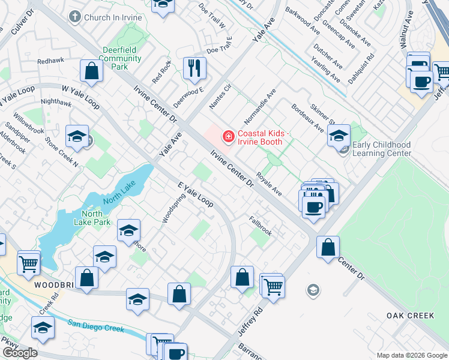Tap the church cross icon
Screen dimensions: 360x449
pos(75,17)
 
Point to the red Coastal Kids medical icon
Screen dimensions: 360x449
pos(228,137)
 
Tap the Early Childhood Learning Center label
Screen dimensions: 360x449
pos(382,149)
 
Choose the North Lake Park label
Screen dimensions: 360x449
pos(96,218)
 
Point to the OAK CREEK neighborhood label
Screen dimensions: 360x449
pos(411,316)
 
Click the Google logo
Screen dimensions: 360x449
pos(20,353)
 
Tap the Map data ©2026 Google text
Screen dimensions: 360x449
pos(412,355)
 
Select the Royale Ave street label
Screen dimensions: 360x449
pos(269,184)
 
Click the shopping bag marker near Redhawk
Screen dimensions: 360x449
pos(92,71)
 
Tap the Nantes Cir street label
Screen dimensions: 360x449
pos(220,97)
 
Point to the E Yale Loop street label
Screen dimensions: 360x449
pos(196,195)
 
